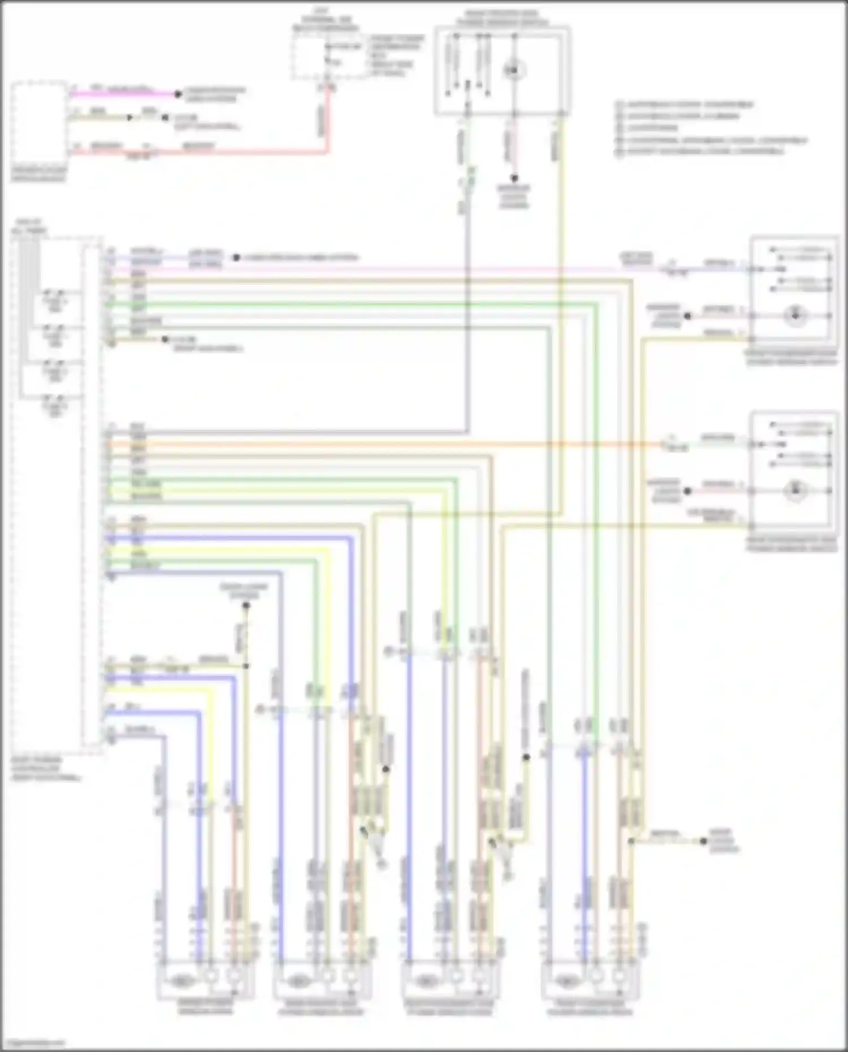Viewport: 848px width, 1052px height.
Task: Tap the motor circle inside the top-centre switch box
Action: pos(514,71)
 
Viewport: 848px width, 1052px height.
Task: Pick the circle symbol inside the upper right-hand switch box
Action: pos(795,315)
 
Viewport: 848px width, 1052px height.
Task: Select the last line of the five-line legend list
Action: pos(701,151)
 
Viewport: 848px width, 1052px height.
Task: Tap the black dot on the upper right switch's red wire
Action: pos(687,316)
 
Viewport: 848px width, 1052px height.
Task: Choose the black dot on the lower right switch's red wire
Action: pos(687,491)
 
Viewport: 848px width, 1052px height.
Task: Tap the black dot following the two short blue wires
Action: pos(236,258)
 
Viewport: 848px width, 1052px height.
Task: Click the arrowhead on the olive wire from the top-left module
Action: pos(130,118)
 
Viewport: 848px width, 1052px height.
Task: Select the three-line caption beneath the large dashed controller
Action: pos(45,769)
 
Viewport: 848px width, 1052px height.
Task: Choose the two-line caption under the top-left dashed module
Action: pos(38,174)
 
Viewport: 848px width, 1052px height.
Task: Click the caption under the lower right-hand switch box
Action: pos(791,544)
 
